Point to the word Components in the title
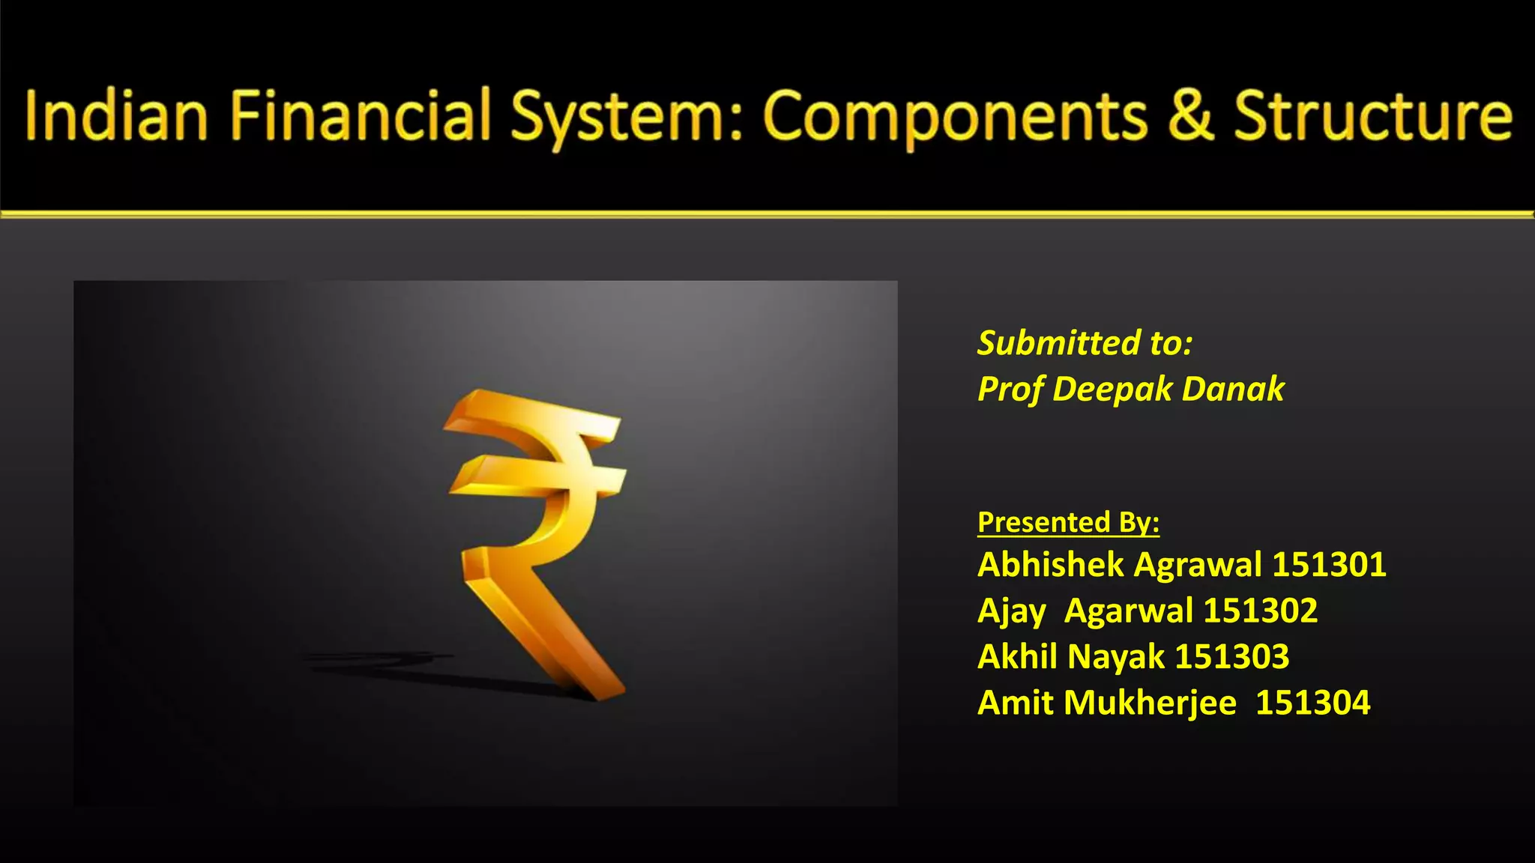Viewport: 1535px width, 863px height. (956, 118)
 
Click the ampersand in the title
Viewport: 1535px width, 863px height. (1191, 116)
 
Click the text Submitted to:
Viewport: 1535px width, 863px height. (1085, 343)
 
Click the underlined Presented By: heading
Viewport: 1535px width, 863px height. (1068, 522)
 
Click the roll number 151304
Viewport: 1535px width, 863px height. (1312, 703)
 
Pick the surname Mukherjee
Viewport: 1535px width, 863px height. (1150, 703)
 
